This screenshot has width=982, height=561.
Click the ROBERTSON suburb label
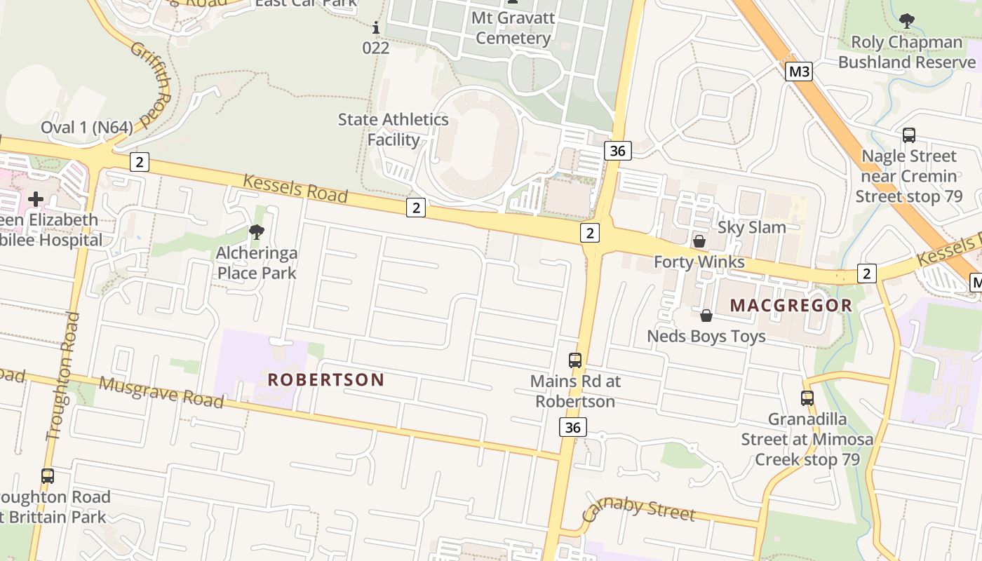pos(326,380)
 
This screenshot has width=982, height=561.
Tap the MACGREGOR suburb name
pos(791,306)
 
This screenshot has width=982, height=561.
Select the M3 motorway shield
pos(798,72)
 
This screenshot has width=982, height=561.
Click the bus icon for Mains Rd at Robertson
pos(575,360)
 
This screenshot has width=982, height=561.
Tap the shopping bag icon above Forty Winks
pos(699,241)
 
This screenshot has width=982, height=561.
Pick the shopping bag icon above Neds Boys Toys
pos(706,316)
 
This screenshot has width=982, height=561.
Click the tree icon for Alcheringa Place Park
pos(257,232)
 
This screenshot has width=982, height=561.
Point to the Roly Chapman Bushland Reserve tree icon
pos(907,21)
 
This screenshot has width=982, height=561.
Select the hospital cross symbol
pos(36,199)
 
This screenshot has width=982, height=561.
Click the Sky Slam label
pos(751,227)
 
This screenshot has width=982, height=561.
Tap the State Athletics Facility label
pos(393,130)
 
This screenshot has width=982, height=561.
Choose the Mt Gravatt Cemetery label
pos(513,28)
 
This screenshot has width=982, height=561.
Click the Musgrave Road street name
pos(161,392)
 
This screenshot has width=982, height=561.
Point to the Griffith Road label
pos(151,84)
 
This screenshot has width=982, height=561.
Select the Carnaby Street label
pos(638,510)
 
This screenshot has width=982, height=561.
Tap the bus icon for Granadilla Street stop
pos(807,398)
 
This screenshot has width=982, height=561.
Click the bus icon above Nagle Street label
pos(909,135)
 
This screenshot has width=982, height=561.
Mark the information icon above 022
pos(376,28)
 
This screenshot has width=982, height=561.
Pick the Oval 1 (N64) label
pos(86,127)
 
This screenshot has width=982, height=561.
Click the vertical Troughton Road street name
pos(62,376)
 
